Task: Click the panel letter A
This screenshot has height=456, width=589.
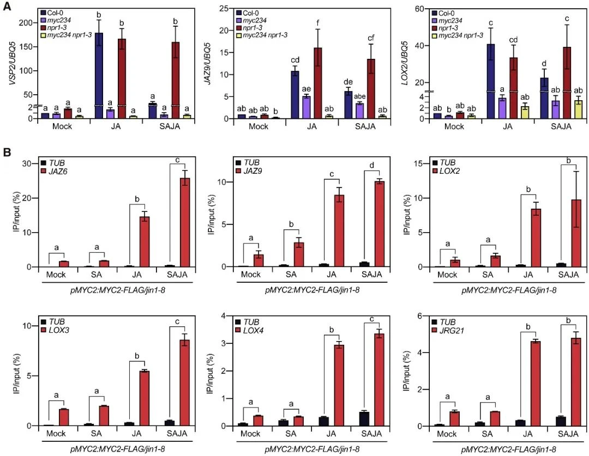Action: pyautogui.click(x=8, y=8)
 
